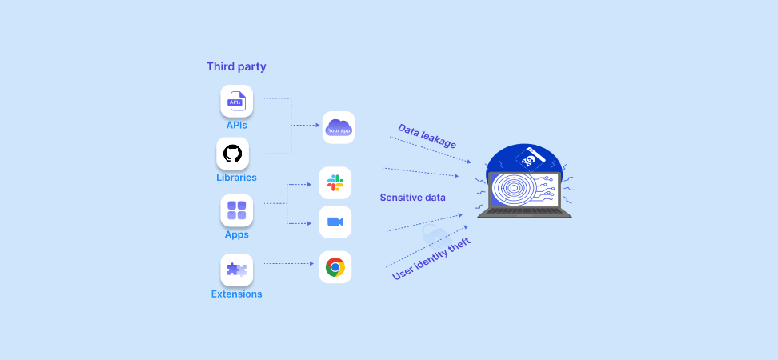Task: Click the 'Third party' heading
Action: pyautogui.click(x=236, y=66)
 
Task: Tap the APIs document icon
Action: pyautogui.click(x=237, y=101)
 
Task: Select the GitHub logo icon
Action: pyautogui.click(x=232, y=154)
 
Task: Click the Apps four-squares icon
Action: pyautogui.click(x=237, y=210)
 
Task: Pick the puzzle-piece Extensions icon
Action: pyautogui.click(x=237, y=270)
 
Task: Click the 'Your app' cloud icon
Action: pyautogui.click(x=339, y=127)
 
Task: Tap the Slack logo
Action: pyautogui.click(x=335, y=183)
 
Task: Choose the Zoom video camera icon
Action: pyautogui.click(x=335, y=222)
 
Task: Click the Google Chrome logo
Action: pyautogui.click(x=335, y=266)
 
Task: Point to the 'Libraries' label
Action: pyautogui.click(x=236, y=177)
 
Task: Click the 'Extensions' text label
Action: pyautogui.click(x=236, y=294)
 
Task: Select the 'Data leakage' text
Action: pyautogui.click(x=427, y=136)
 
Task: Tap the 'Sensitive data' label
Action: pyautogui.click(x=412, y=198)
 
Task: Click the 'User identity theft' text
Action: pyautogui.click(x=431, y=259)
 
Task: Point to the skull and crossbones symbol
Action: pyautogui.click(x=529, y=160)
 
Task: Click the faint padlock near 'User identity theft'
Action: pyautogui.click(x=431, y=234)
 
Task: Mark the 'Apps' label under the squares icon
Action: pyautogui.click(x=236, y=234)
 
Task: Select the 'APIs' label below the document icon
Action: pyautogui.click(x=236, y=125)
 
